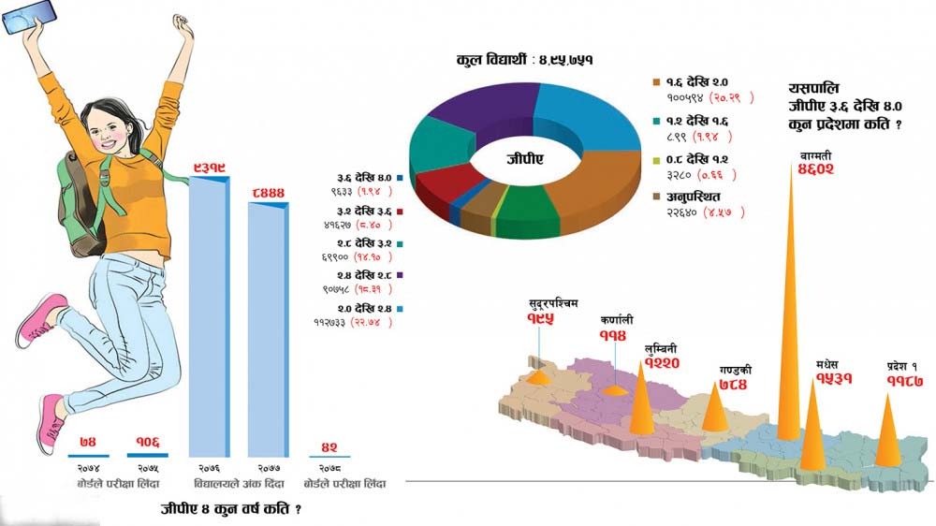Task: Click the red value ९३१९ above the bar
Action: (x=208, y=168)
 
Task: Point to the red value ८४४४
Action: (x=268, y=193)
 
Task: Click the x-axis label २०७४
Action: (x=88, y=465)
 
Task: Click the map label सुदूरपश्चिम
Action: (x=554, y=305)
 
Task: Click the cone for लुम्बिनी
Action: (x=641, y=402)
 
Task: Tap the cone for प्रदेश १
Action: (x=888, y=431)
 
